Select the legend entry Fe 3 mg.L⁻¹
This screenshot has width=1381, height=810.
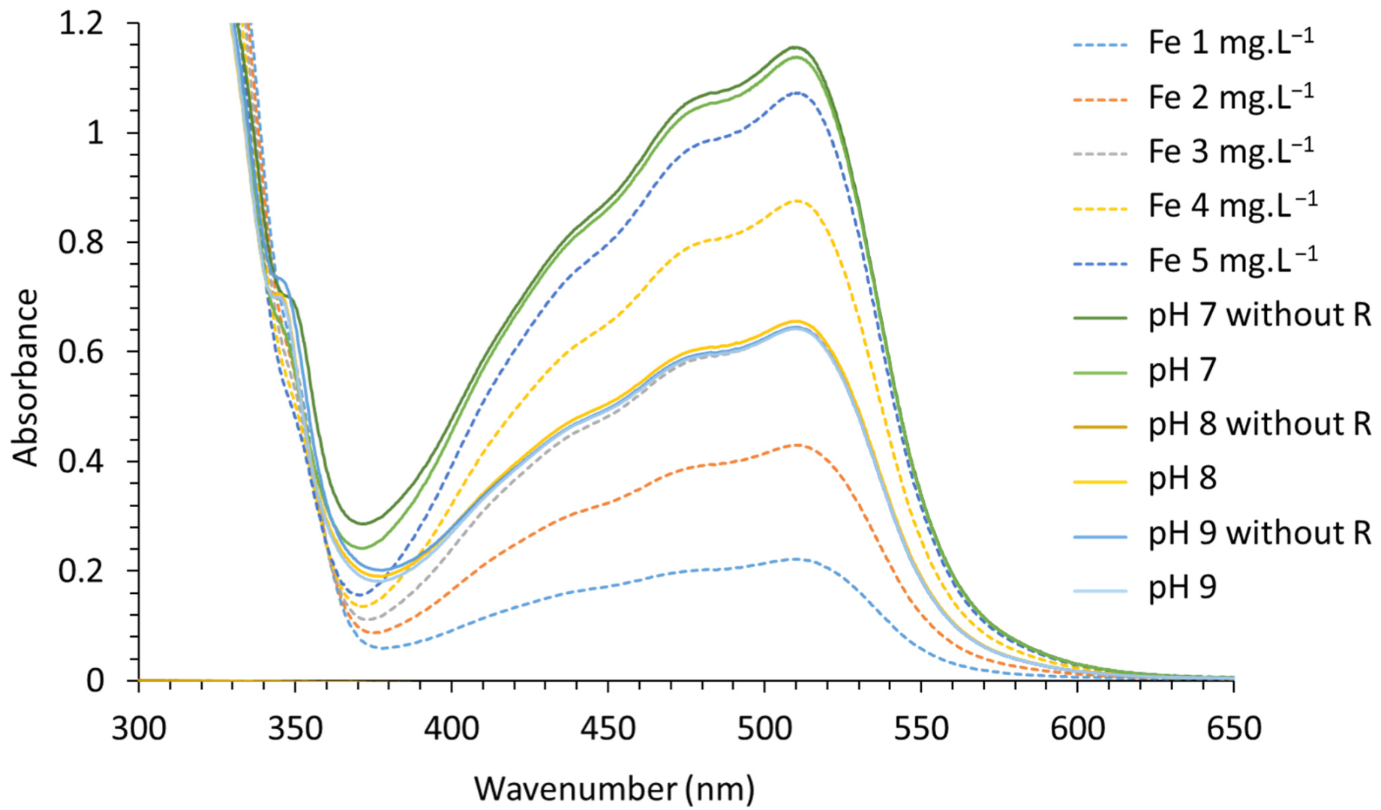[x=1231, y=151]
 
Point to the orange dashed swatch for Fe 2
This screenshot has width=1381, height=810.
[x=1100, y=99]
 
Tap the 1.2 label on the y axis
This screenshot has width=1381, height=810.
[x=80, y=24]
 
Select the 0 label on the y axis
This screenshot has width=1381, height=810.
[x=95, y=680]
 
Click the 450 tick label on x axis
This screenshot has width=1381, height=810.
[x=607, y=728]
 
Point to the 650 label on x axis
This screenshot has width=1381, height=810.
[x=1233, y=728]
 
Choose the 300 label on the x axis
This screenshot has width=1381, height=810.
[x=139, y=728]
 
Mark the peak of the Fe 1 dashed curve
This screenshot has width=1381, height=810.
[x=795, y=559]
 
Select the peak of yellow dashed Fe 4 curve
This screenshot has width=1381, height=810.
[x=796, y=200]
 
